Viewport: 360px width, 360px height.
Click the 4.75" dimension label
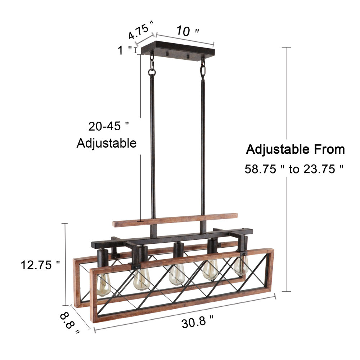point(140,30)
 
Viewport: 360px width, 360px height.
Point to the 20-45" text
point(108,126)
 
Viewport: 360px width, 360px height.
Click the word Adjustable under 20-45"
point(107,143)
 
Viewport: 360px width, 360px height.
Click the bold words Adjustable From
point(295,149)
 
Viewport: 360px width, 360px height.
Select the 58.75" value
point(264,169)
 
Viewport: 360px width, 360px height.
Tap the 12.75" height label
point(40,265)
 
